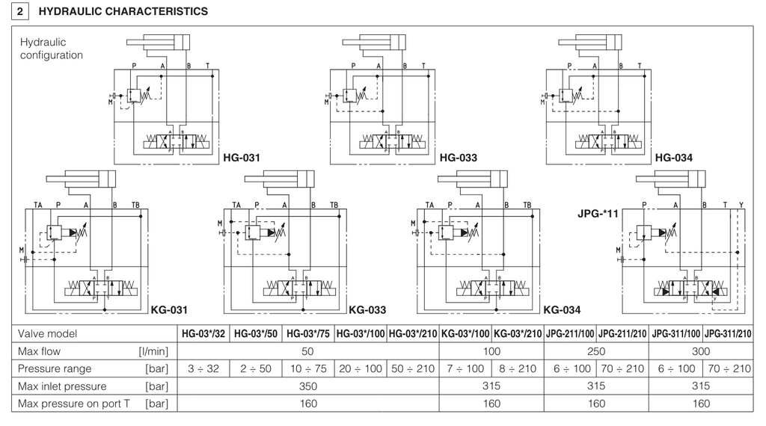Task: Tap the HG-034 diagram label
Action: (x=673, y=158)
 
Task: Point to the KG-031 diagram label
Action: (x=168, y=309)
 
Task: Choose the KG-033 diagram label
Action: (x=367, y=309)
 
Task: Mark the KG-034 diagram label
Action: (x=562, y=309)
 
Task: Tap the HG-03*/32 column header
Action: (x=204, y=334)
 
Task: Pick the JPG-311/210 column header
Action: (x=728, y=334)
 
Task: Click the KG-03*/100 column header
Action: (x=465, y=334)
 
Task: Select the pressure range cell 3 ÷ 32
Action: (x=204, y=368)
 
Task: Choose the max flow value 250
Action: (x=596, y=351)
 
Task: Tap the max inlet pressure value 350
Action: (x=307, y=386)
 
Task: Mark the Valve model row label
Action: (x=48, y=334)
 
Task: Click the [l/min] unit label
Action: (x=153, y=351)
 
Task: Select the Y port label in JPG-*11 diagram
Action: (x=741, y=204)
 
